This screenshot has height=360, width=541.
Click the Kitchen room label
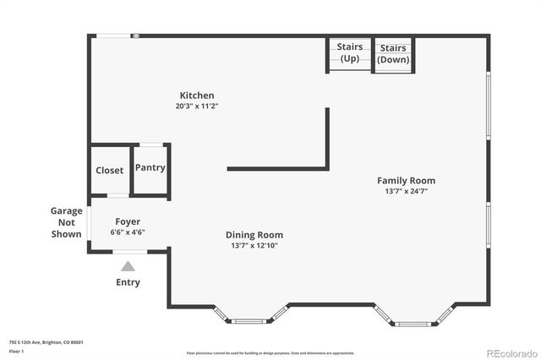pos(196,95)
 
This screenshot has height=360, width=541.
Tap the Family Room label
pos(406,180)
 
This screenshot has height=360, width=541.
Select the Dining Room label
pos(254,235)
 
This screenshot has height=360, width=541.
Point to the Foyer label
pos(128,221)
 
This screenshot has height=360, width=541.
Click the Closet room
pos(109,170)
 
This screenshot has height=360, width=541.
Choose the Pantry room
pos(150,167)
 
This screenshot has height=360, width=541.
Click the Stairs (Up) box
pos(349,52)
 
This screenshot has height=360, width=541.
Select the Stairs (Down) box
pos(392,54)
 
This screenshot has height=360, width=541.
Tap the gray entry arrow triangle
pos(128,266)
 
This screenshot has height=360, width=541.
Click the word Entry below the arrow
pos(128,282)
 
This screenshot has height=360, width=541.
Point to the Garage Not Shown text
pos(67,222)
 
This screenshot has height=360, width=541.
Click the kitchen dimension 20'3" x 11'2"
pos(196,106)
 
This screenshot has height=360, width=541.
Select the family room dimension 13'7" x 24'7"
pos(406,191)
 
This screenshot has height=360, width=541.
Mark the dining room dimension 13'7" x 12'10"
pos(254,245)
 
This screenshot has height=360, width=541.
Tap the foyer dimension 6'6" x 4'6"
pos(128,232)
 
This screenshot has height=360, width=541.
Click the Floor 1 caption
pos(16,350)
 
